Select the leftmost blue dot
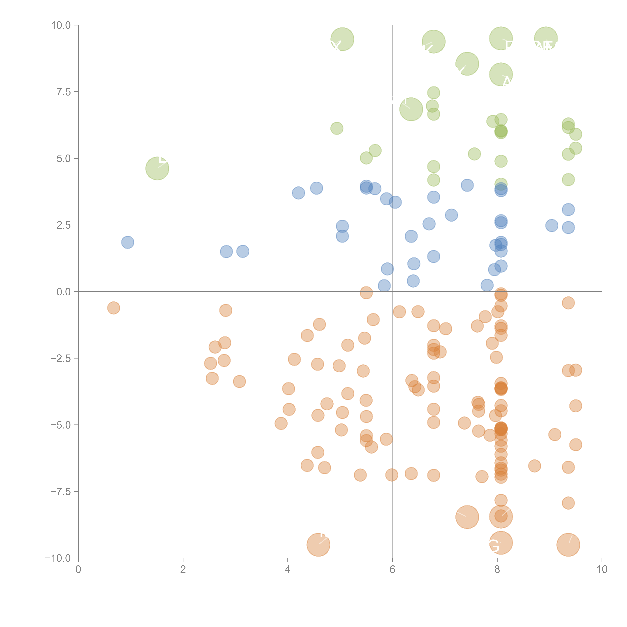pyautogui.click(x=128, y=242)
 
